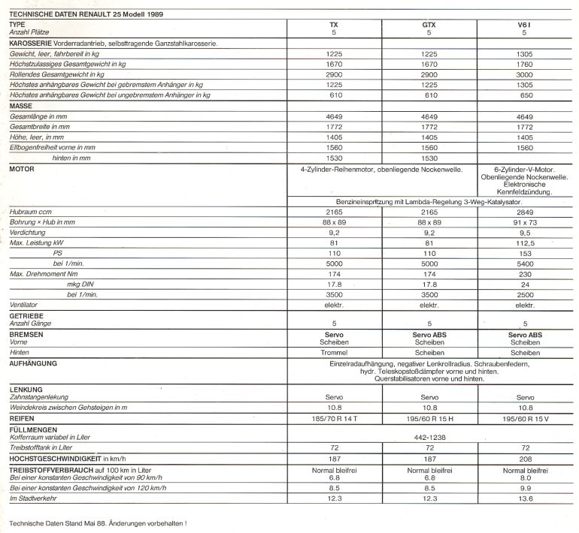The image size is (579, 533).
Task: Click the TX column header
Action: click(334, 25)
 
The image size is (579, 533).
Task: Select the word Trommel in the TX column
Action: click(334, 351)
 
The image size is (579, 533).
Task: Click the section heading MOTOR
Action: click(22, 170)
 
